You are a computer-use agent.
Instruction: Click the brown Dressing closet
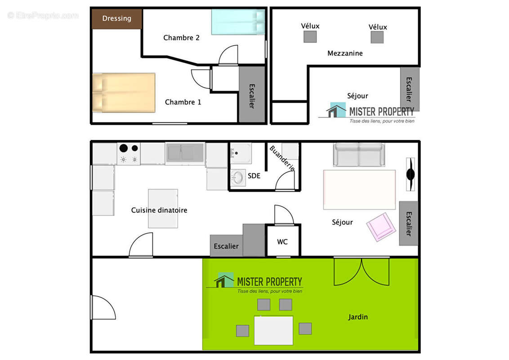(117, 19)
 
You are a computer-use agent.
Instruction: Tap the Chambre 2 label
(181, 38)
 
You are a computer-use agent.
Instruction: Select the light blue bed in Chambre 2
(238, 22)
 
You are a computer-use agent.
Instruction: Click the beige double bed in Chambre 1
(124, 93)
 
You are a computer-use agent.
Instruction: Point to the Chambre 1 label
(183, 102)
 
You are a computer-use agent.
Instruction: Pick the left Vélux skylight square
(310, 37)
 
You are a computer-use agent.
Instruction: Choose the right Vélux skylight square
(377, 37)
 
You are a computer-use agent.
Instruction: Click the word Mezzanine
(345, 53)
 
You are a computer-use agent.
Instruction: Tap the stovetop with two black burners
(129, 154)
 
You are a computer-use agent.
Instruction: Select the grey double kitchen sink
(185, 153)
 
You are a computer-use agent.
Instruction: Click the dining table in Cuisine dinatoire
(163, 209)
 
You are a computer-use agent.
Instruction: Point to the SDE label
(254, 176)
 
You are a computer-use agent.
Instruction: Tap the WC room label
(282, 242)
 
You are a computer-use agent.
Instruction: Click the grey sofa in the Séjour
(359, 155)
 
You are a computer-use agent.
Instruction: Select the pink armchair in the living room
(381, 227)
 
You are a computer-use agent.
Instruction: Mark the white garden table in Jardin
(273, 330)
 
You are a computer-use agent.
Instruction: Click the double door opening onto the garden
(362, 272)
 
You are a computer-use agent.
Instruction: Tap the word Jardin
(358, 317)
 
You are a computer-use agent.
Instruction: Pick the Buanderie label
(282, 158)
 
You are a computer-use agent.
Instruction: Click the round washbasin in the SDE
(238, 178)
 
